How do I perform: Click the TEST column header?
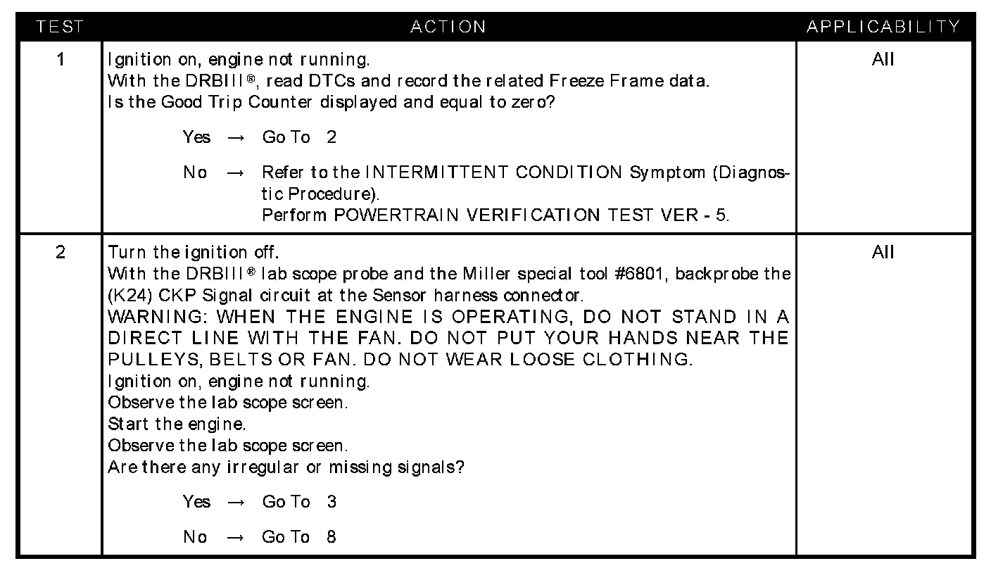(60, 27)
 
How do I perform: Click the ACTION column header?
(448, 27)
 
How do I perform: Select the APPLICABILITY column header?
(883, 27)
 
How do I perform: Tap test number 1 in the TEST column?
(61, 59)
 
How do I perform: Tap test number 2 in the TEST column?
(61, 252)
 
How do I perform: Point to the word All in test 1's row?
(883, 59)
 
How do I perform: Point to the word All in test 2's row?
(883, 252)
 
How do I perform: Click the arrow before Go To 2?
(236, 138)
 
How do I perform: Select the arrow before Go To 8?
(236, 538)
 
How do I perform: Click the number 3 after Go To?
(332, 502)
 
